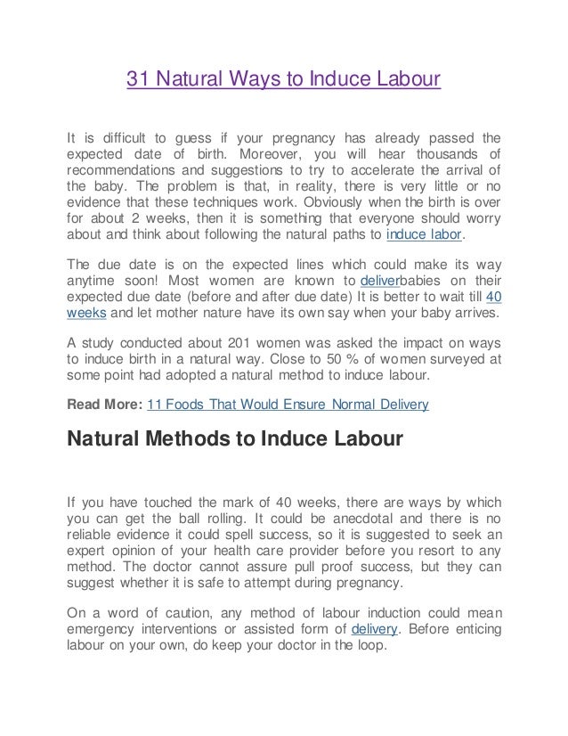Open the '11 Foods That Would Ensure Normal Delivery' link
288,404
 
